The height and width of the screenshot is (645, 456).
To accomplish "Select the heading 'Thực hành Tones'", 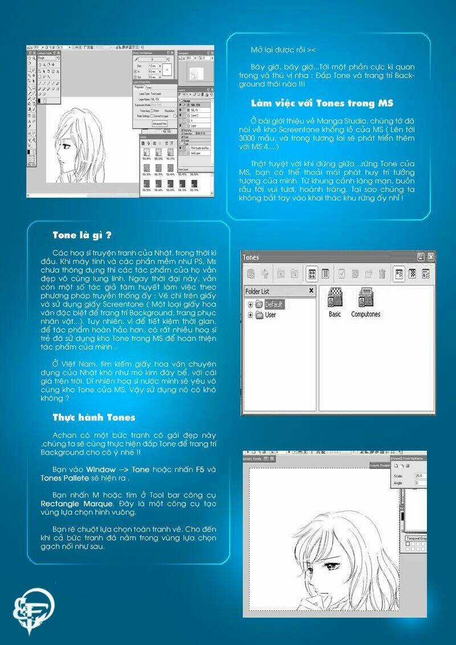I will click(93, 417).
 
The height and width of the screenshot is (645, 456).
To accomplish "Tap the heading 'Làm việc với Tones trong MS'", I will click(322, 103).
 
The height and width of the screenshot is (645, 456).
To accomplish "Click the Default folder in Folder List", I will click(272, 305).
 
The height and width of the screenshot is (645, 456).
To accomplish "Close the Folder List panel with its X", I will click(311, 291).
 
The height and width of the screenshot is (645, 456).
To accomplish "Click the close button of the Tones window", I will click(431, 257).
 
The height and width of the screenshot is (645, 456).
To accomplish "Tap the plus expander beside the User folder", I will click(250, 315).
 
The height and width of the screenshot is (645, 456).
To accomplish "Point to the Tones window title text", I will click(251, 258).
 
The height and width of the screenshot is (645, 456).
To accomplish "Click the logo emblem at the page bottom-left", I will click(33, 610).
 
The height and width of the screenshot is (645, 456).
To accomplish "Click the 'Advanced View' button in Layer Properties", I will click(159, 123).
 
